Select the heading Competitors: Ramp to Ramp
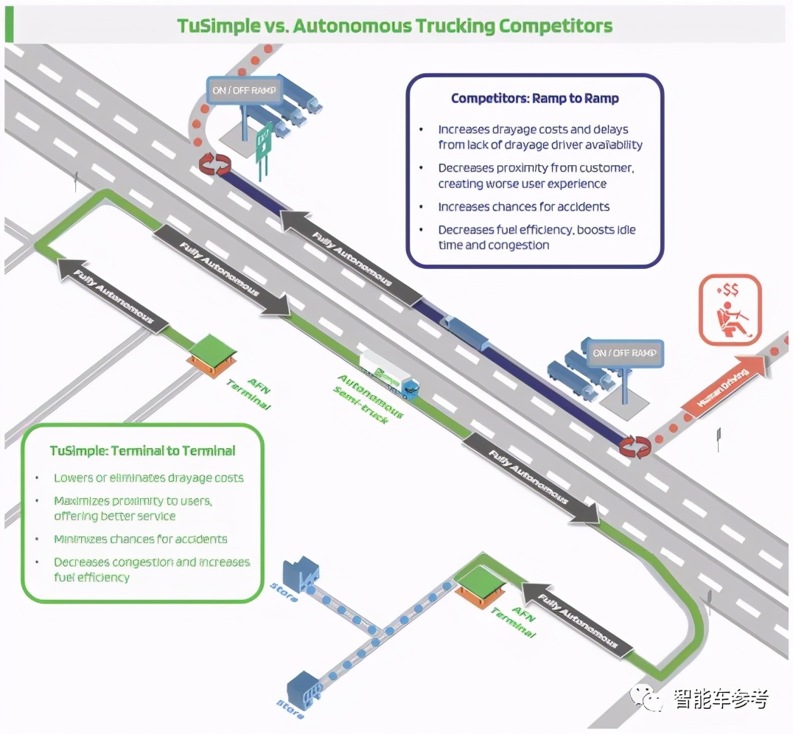[535, 98]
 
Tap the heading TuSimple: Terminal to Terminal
[142, 450]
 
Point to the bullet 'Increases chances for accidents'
[523, 207]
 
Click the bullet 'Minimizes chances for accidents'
[140, 539]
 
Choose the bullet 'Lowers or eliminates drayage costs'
[148, 478]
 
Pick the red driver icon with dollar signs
[728, 310]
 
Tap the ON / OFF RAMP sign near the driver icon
[626, 354]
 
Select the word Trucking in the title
[455, 27]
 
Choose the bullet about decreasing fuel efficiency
[536, 237]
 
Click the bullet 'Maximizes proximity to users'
[133, 508]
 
